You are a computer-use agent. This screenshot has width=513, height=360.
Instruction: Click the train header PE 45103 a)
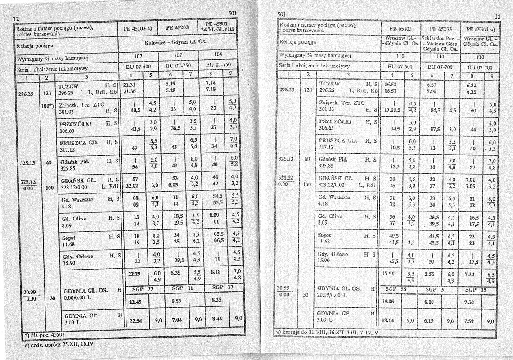[137, 27]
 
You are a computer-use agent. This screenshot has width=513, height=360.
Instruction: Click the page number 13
[497, 17]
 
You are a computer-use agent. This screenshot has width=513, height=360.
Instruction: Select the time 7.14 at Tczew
[211, 84]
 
